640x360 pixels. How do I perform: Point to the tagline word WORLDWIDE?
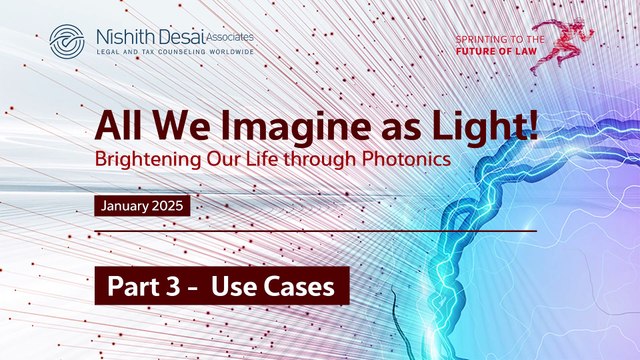pyautogui.click(x=225, y=52)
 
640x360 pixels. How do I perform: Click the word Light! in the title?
pyautogui.click(x=494, y=125)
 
